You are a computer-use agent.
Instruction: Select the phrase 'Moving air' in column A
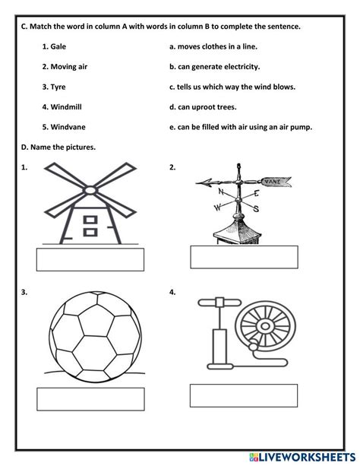(x=65, y=66)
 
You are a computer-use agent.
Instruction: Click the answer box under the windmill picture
(x=90, y=258)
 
